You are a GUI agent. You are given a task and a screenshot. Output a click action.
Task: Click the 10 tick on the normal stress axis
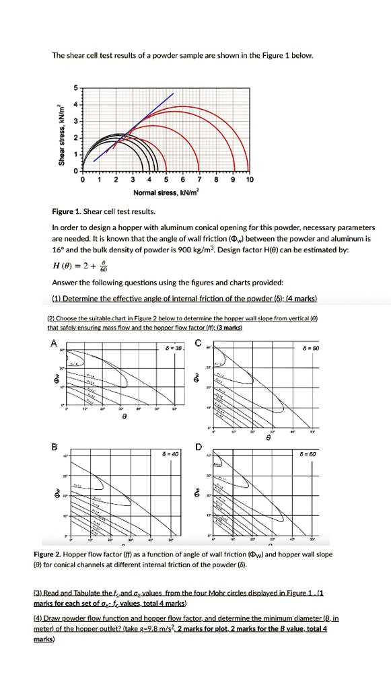coord(250,180)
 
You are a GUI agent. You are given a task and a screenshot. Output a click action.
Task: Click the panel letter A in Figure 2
coord(54,342)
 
